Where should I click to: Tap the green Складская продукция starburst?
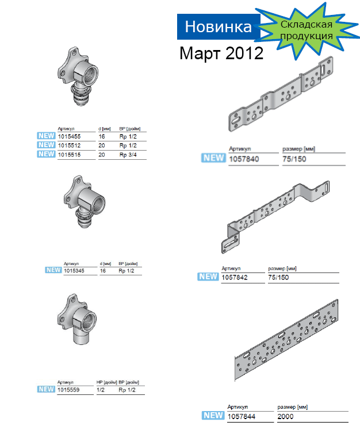tap(307, 30)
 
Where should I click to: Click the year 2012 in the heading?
tap(244, 53)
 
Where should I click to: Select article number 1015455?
tap(69, 136)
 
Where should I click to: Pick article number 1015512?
tap(69, 145)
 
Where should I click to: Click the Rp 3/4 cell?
tap(128, 155)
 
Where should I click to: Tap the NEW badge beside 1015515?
tap(46, 154)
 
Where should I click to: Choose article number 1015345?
tap(74, 271)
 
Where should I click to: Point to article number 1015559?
tap(68, 390)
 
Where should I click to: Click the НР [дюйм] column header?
tap(106, 382)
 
